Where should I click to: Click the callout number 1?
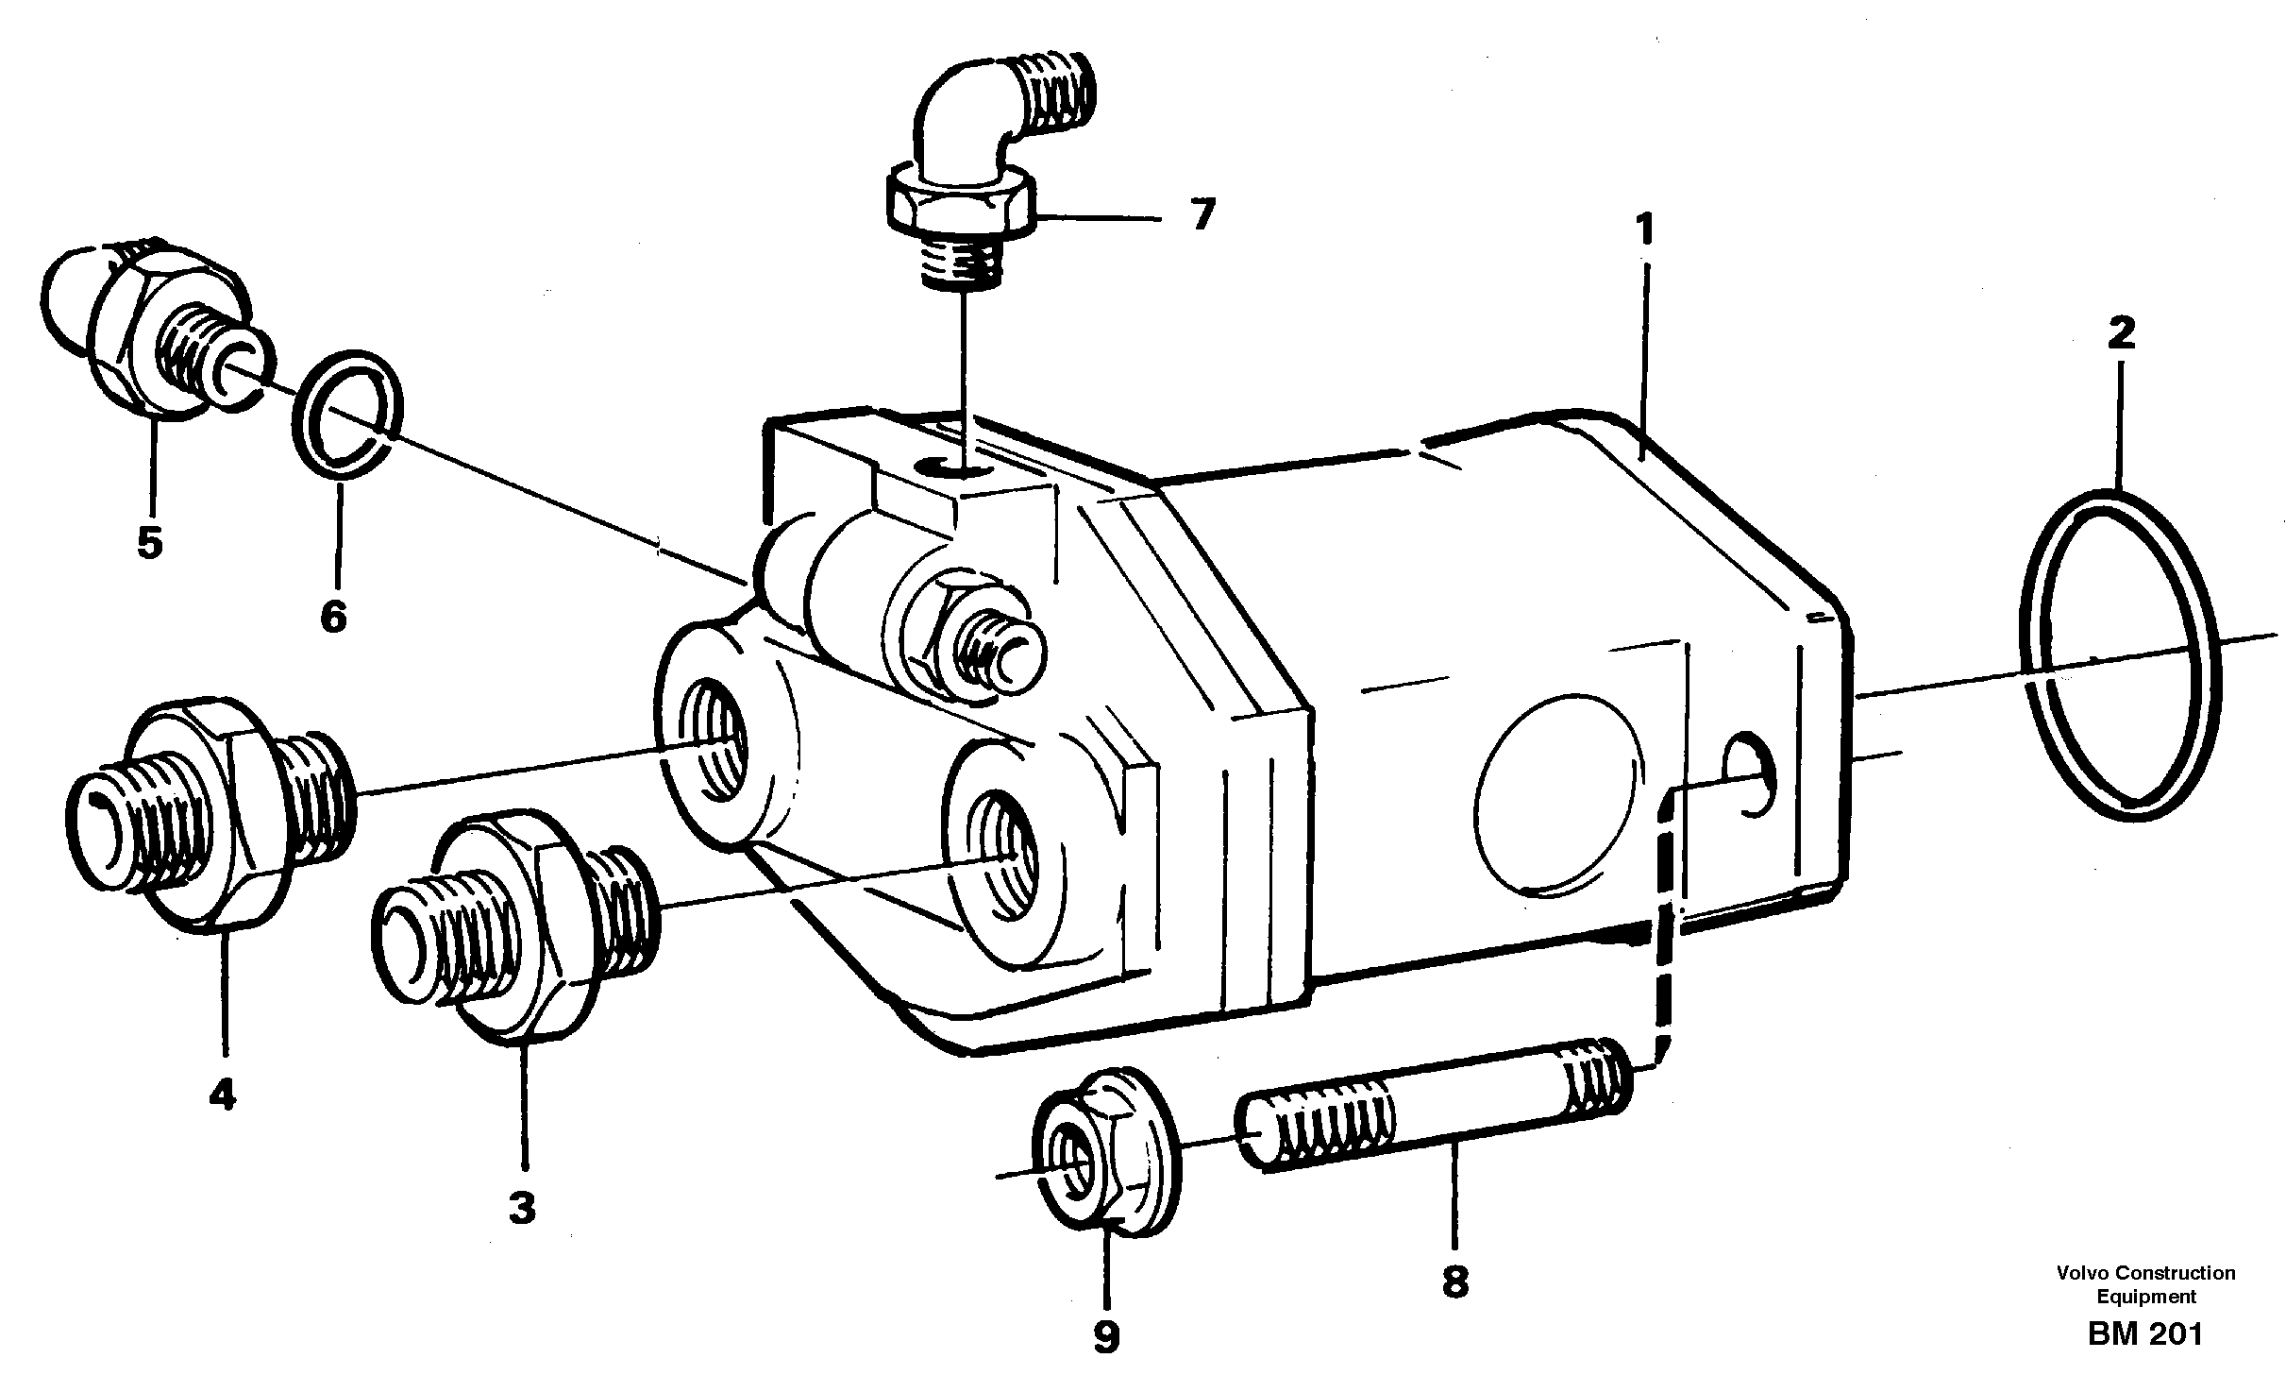[1644, 230]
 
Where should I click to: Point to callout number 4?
[222, 1095]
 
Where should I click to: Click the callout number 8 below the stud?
[1454, 1282]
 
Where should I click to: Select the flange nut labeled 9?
[1104, 1161]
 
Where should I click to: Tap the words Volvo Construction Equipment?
[2145, 1284]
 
